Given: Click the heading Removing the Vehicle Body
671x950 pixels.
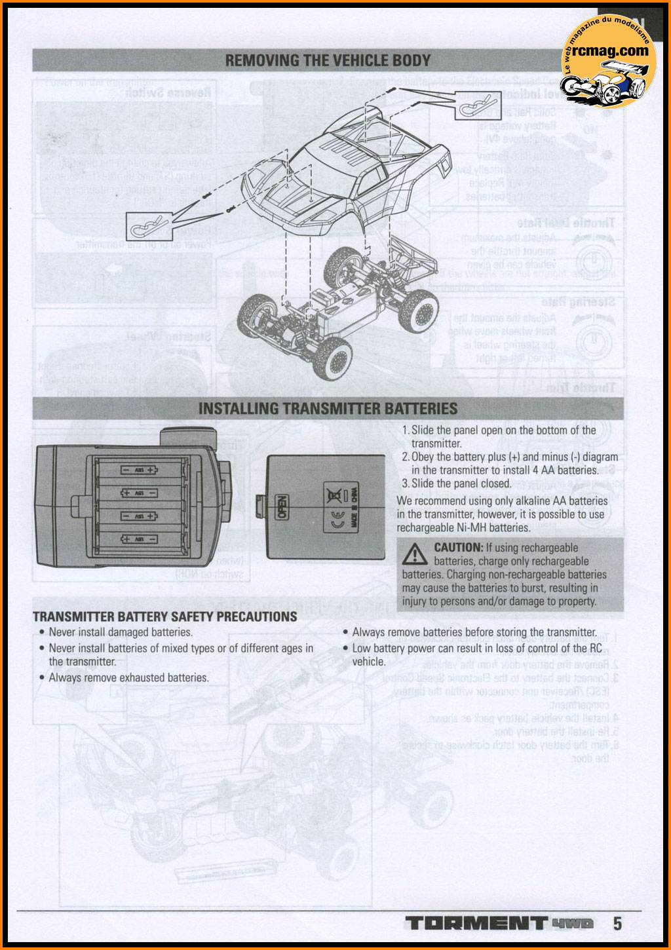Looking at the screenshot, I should tap(328, 61).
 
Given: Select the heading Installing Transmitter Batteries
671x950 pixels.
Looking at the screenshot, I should tap(328, 408).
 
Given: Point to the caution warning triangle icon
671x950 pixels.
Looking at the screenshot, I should tap(414, 555).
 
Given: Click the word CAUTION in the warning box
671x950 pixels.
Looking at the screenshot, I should tap(457, 548).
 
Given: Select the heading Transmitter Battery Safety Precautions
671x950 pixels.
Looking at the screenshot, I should tap(164, 617).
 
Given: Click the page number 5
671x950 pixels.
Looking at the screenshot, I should tap(617, 924).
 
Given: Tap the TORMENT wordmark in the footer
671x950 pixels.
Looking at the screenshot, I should tap(475, 924).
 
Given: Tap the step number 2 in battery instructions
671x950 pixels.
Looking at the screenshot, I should tap(406, 457).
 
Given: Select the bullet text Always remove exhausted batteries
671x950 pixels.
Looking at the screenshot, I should tap(128, 677).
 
